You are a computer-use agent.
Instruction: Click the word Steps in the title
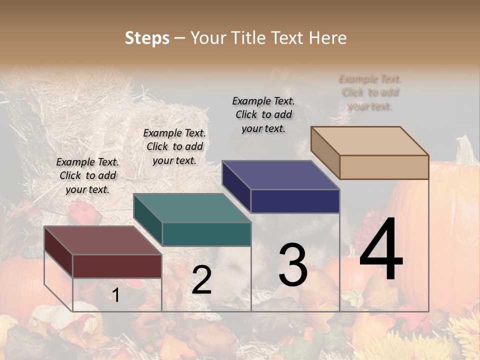click(x=147, y=38)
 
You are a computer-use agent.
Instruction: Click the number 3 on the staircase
click(x=292, y=265)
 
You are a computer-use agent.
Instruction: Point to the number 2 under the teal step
click(x=201, y=280)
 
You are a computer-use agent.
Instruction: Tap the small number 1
click(x=115, y=295)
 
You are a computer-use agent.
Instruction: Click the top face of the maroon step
click(x=102, y=240)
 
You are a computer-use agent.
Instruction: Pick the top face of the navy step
click(x=280, y=175)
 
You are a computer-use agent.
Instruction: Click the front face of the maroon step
click(x=117, y=266)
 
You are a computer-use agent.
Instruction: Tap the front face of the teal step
click(x=206, y=234)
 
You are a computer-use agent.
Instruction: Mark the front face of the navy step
click(x=295, y=201)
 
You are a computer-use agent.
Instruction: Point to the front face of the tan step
click(x=384, y=167)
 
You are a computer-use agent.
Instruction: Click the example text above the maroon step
click(x=87, y=175)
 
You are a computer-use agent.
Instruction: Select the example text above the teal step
click(x=174, y=146)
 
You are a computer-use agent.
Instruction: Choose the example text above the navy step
click(x=263, y=114)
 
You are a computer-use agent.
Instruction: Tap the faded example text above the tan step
click(x=370, y=92)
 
